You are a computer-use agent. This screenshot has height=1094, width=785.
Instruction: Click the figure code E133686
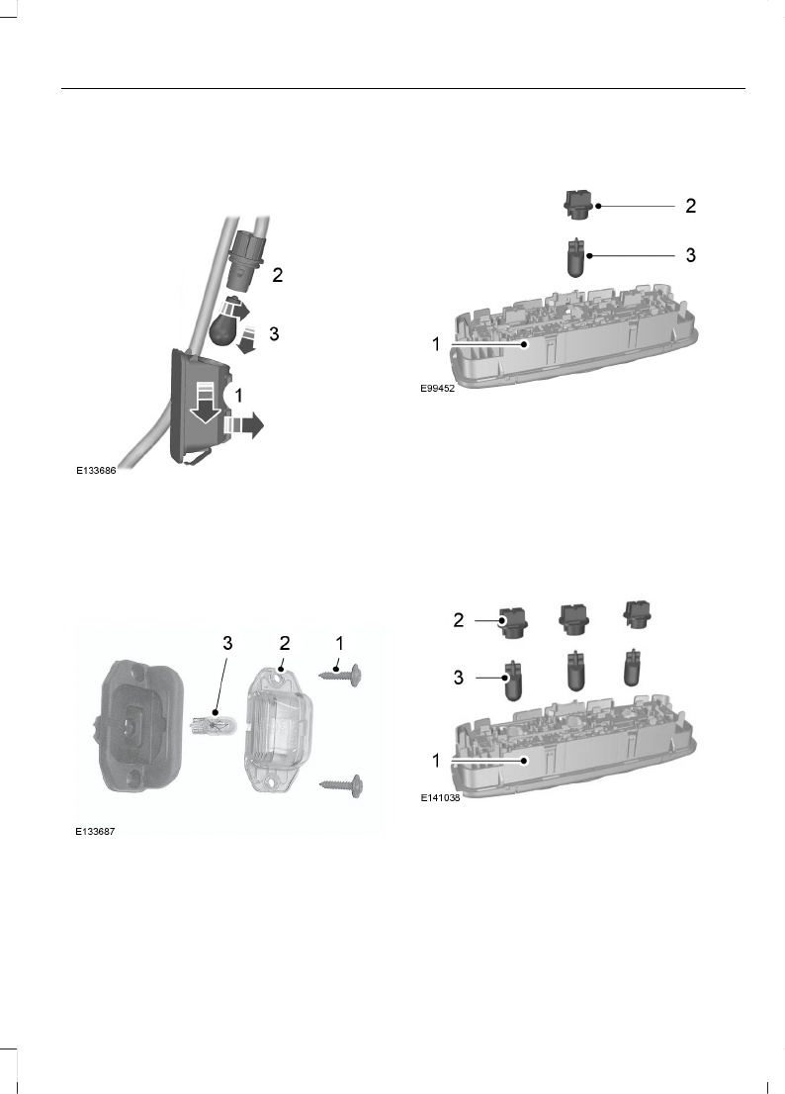click(x=97, y=472)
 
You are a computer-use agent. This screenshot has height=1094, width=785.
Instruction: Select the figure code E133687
click(x=97, y=832)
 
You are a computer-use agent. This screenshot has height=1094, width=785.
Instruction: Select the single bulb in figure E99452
click(x=576, y=258)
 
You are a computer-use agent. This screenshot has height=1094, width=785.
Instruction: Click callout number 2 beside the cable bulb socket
click(x=278, y=276)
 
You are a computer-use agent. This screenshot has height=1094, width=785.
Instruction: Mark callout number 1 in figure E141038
click(x=434, y=760)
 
